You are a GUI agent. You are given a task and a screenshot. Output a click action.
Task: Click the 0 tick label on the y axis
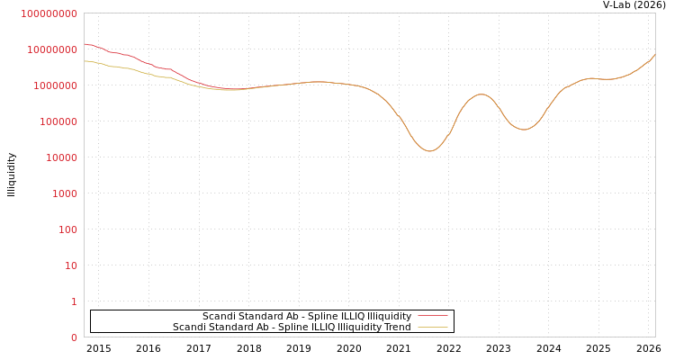(74, 337)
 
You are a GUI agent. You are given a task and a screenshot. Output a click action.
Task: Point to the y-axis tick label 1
(74, 301)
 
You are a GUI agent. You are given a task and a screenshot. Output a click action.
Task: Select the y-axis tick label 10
(71, 265)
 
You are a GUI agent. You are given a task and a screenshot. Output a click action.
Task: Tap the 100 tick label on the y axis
(68, 229)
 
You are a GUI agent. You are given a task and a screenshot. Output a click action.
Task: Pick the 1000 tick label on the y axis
(66, 193)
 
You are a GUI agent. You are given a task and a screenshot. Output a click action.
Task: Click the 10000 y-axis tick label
(63, 157)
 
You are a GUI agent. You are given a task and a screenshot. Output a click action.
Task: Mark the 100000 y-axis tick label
(60, 121)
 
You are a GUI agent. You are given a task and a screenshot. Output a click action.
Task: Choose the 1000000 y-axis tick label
(58, 85)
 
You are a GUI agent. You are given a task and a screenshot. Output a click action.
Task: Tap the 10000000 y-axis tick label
(55, 49)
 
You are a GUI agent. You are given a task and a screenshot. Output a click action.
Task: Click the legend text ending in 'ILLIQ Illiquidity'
(306, 317)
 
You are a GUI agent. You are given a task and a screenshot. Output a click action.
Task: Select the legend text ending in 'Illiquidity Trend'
(292, 328)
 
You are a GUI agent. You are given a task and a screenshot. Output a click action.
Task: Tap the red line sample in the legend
(433, 317)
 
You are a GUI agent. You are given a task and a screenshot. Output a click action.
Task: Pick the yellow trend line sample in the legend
(433, 328)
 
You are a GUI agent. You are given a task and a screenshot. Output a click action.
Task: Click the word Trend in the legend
(397, 328)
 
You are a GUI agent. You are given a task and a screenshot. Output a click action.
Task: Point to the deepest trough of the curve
(430, 151)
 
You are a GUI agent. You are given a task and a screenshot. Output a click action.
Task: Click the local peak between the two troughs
(481, 94)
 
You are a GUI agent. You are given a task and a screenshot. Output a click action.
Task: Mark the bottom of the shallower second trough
(524, 130)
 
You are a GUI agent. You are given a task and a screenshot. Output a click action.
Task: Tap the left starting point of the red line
(85, 43)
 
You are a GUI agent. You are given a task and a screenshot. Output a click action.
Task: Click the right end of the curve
(654, 55)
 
